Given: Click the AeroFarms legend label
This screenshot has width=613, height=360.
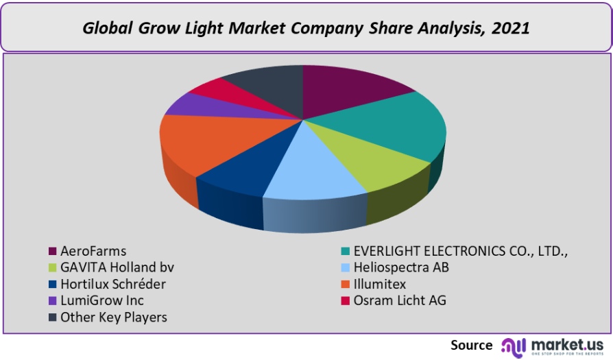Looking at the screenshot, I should click(93, 251).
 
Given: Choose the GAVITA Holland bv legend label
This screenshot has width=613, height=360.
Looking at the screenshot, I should click(112, 267).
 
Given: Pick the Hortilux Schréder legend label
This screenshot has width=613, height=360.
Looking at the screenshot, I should click(113, 284).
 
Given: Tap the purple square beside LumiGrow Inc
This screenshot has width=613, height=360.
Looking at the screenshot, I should click(52, 301).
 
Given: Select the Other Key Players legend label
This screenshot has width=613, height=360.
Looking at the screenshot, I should click(114, 317).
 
